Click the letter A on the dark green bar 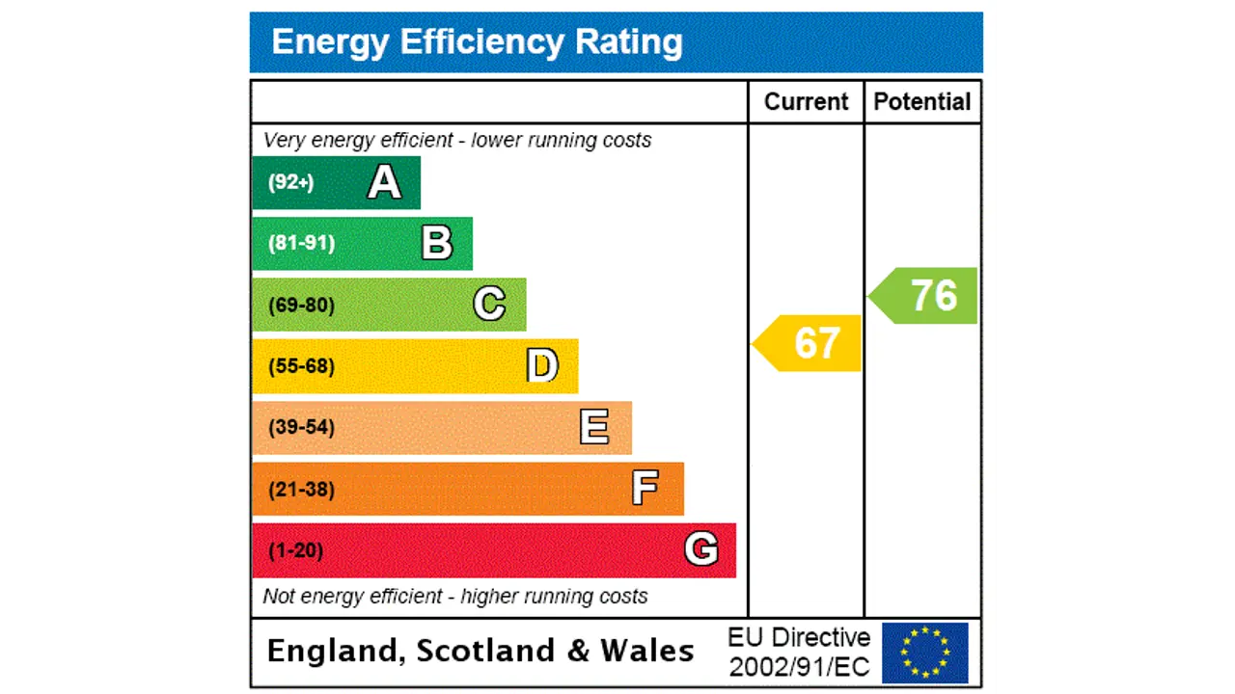coord(384,182)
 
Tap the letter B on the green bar coord(437,243)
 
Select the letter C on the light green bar coord(489,305)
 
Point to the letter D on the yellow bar coord(542,366)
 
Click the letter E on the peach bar coord(594,427)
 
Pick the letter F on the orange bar coord(645,489)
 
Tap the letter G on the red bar coord(701,549)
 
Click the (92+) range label coord(291,182)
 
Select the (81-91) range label coord(302,243)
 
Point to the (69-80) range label coord(302,306)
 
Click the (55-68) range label coord(302,366)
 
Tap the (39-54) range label coord(302,427)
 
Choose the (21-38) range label coord(302,490)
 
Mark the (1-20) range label coord(296,550)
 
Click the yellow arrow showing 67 coord(809,343)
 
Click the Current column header coord(806,102)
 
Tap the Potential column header coord(922,102)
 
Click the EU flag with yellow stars coord(924,653)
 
